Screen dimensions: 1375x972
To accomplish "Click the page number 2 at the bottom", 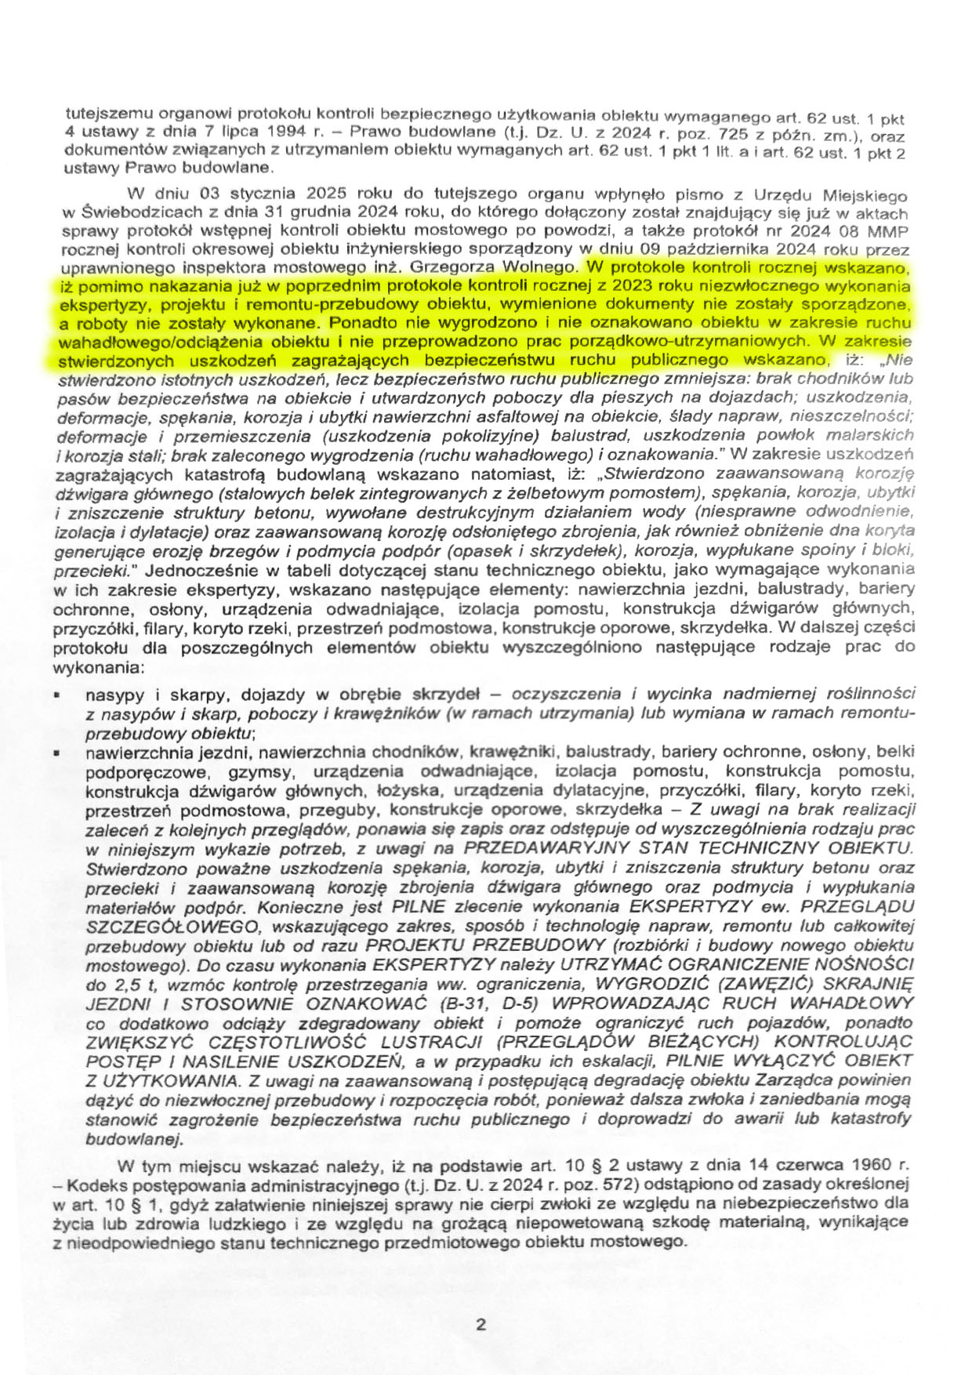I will [481, 1325].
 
